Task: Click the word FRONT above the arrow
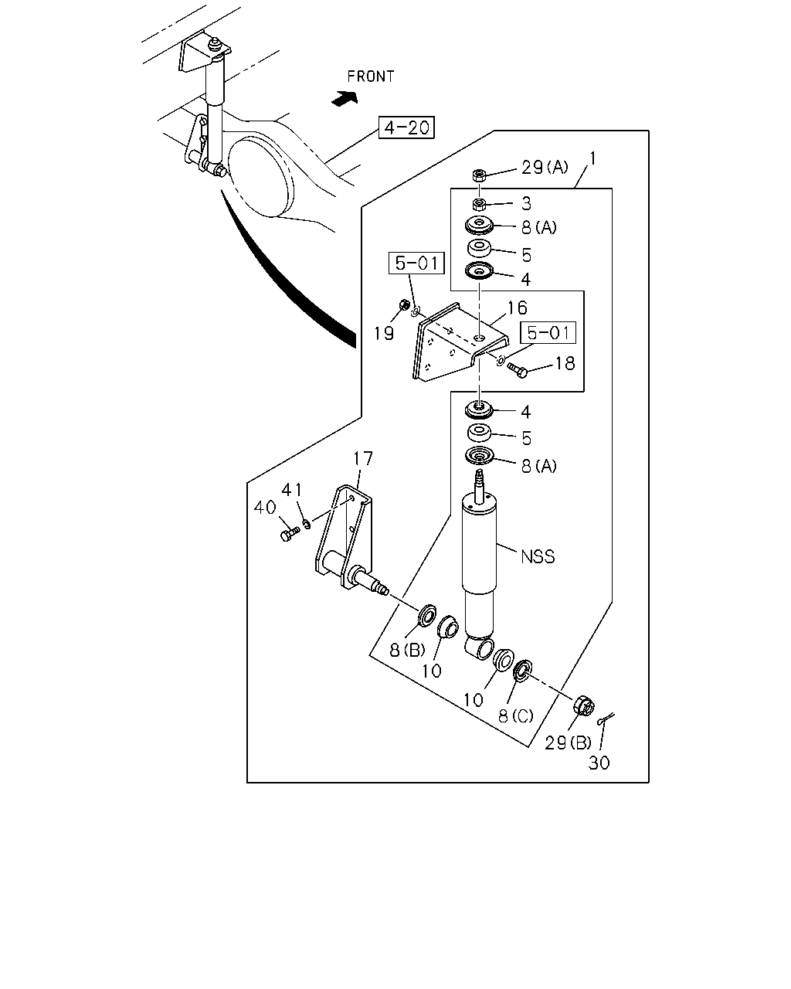pyautogui.click(x=371, y=76)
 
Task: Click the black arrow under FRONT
pyautogui.click(x=345, y=98)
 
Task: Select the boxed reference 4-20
pyautogui.click(x=406, y=127)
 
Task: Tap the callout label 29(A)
pyautogui.click(x=544, y=168)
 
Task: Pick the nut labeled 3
pyautogui.click(x=479, y=203)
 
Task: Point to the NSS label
pyautogui.click(x=538, y=557)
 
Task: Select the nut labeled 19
pyautogui.click(x=404, y=304)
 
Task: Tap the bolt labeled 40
pyautogui.click(x=289, y=534)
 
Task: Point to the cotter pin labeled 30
pyautogui.click(x=606, y=719)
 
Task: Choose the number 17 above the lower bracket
pyautogui.click(x=362, y=458)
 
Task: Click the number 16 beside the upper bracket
pyautogui.click(x=517, y=308)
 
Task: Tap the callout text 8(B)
pyautogui.click(x=407, y=650)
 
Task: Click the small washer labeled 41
pyautogui.click(x=307, y=523)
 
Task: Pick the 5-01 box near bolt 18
pyautogui.click(x=548, y=333)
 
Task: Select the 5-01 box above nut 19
pyautogui.click(x=416, y=263)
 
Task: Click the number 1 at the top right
pyautogui.click(x=592, y=159)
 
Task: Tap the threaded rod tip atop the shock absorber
pyautogui.click(x=480, y=474)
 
